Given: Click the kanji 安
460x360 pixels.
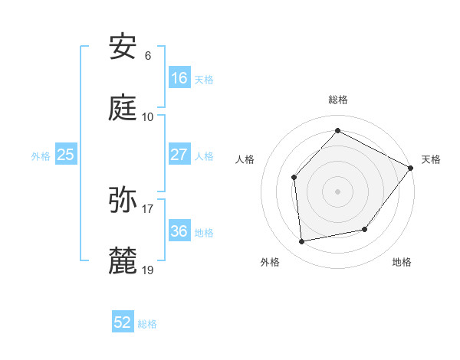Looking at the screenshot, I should click(x=123, y=48).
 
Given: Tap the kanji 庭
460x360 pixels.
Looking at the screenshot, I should click(x=123, y=108).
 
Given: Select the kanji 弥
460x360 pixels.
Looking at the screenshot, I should click(x=123, y=200).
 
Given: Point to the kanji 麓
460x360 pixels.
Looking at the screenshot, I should click(x=123, y=261).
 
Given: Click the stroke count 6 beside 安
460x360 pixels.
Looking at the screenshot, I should click(x=147, y=56).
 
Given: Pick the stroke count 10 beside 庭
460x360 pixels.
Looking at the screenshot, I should click(x=148, y=116).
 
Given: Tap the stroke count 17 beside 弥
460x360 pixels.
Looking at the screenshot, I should click(x=148, y=208).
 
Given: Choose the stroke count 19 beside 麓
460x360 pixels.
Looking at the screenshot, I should click(x=148, y=270).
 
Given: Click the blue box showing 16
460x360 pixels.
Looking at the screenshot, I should click(x=179, y=78).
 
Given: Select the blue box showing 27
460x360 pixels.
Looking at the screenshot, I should click(x=179, y=155).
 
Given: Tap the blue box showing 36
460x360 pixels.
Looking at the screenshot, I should click(x=179, y=231).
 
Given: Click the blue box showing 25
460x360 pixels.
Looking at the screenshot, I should click(x=65, y=155).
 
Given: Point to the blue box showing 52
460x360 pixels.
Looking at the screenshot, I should click(x=123, y=323).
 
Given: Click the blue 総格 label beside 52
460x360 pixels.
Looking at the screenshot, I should click(x=148, y=324).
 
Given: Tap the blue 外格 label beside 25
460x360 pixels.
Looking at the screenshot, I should click(x=41, y=155).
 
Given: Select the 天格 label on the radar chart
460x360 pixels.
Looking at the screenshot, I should click(x=431, y=159).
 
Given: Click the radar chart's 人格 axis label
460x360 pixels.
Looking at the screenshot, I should click(x=245, y=159).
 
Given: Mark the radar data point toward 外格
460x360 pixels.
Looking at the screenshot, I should click(x=302, y=242).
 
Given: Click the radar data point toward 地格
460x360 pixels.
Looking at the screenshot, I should click(x=365, y=229).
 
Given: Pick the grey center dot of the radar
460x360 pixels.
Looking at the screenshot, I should click(x=337, y=191).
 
